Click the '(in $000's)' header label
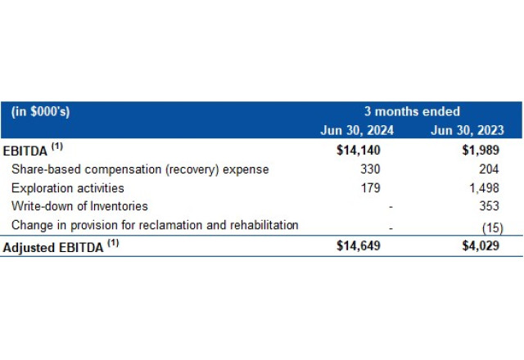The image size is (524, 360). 40,112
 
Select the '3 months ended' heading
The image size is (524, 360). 412,112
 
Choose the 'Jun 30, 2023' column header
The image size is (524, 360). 468,130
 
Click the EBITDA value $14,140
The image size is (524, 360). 359,151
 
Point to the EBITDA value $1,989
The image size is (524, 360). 482,151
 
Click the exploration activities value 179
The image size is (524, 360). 371,188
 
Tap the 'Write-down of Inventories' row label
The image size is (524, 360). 79,207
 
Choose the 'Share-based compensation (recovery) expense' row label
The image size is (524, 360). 140,169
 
